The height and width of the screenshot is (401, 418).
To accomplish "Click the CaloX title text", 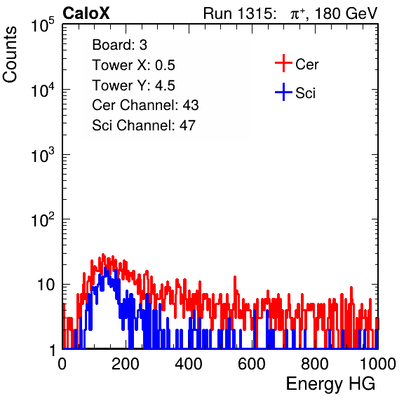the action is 86,13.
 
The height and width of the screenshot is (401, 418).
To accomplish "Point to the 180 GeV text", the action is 346,13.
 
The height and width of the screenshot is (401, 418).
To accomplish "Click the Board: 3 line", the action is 119,45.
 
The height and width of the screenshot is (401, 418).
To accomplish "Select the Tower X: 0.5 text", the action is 133,65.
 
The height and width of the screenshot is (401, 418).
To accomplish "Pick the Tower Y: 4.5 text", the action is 133,86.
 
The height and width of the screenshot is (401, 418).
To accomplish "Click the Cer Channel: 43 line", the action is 145,105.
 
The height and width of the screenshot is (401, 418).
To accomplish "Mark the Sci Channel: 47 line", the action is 144,125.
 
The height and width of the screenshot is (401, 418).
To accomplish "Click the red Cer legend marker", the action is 283,63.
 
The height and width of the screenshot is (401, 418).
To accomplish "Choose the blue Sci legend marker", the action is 283,92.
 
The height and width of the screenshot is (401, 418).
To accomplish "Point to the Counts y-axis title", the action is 10,55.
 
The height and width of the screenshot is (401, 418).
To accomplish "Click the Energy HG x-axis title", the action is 330,384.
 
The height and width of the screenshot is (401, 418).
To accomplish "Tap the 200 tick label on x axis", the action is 126,364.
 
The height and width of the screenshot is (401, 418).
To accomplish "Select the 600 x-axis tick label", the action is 252,364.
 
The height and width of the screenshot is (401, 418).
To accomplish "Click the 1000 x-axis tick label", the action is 378,364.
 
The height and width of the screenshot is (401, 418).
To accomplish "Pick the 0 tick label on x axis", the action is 62,364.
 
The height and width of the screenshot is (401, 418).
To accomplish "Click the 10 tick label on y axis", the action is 46,285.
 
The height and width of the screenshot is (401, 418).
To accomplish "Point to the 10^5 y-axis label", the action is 42,25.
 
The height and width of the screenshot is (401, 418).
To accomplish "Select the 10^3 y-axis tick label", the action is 42,155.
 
